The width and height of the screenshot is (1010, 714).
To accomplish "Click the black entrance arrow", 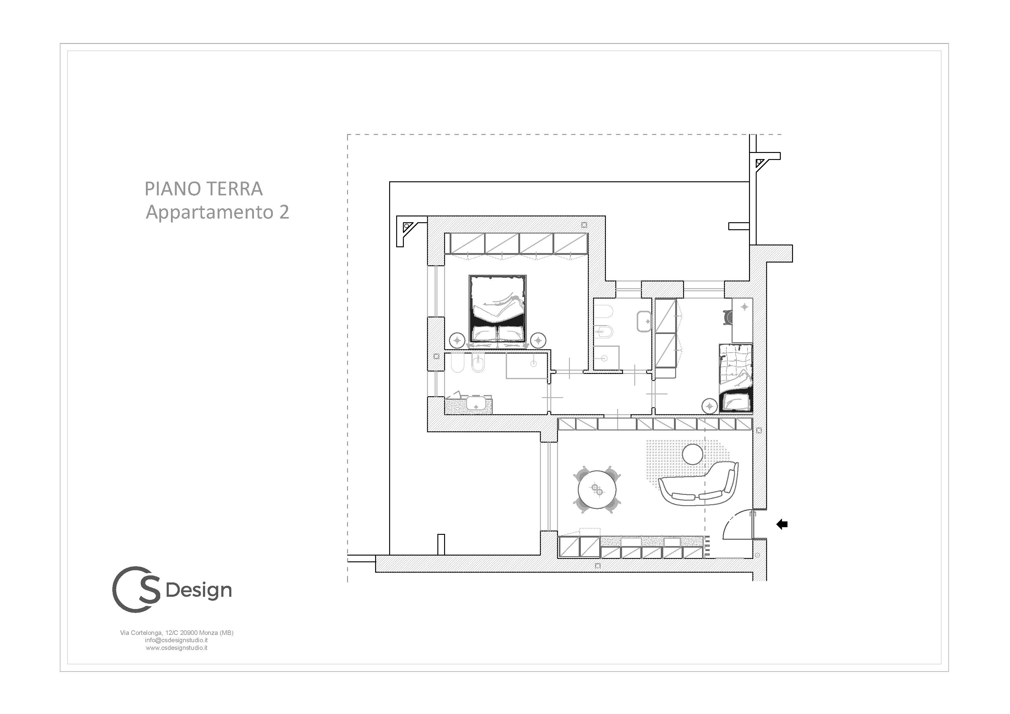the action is pyautogui.click(x=782, y=524).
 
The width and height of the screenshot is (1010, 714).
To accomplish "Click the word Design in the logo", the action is pyautogui.click(x=199, y=590).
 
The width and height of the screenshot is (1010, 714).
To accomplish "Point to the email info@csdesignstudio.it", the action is pyautogui.click(x=176, y=640).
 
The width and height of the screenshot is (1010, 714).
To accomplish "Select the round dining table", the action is pyautogui.click(x=597, y=489).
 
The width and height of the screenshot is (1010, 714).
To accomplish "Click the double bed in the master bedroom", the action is pyautogui.click(x=498, y=309).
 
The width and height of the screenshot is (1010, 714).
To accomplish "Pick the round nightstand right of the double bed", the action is pyautogui.click(x=538, y=340).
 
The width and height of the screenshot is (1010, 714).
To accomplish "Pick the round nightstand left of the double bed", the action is pyautogui.click(x=458, y=340).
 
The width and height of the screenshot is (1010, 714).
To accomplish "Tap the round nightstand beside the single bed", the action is pyautogui.click(x=710, y=406).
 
